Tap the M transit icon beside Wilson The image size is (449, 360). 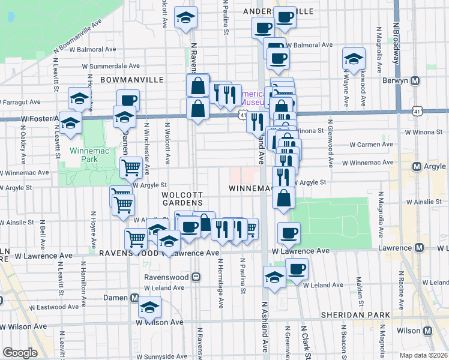(x=428, y=331)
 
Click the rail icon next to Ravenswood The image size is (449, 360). (x=196, y=278)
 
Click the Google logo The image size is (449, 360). (x=19, y=353)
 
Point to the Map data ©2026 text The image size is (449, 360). (x=423, y=355)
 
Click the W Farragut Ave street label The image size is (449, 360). (x=25, y=103)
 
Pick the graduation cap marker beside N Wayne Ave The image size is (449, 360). (x=354, y=59)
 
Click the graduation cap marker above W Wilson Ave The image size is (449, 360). (x=149, y=308)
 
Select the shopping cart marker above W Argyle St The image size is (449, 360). (x=131, y=167)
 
